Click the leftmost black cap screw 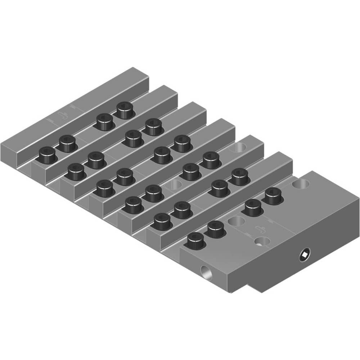[47, 155]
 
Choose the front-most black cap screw [195, 240]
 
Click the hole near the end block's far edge [301, 184]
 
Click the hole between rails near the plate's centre [176, 185]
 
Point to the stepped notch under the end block [252, 288]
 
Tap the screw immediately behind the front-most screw [215, 229]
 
